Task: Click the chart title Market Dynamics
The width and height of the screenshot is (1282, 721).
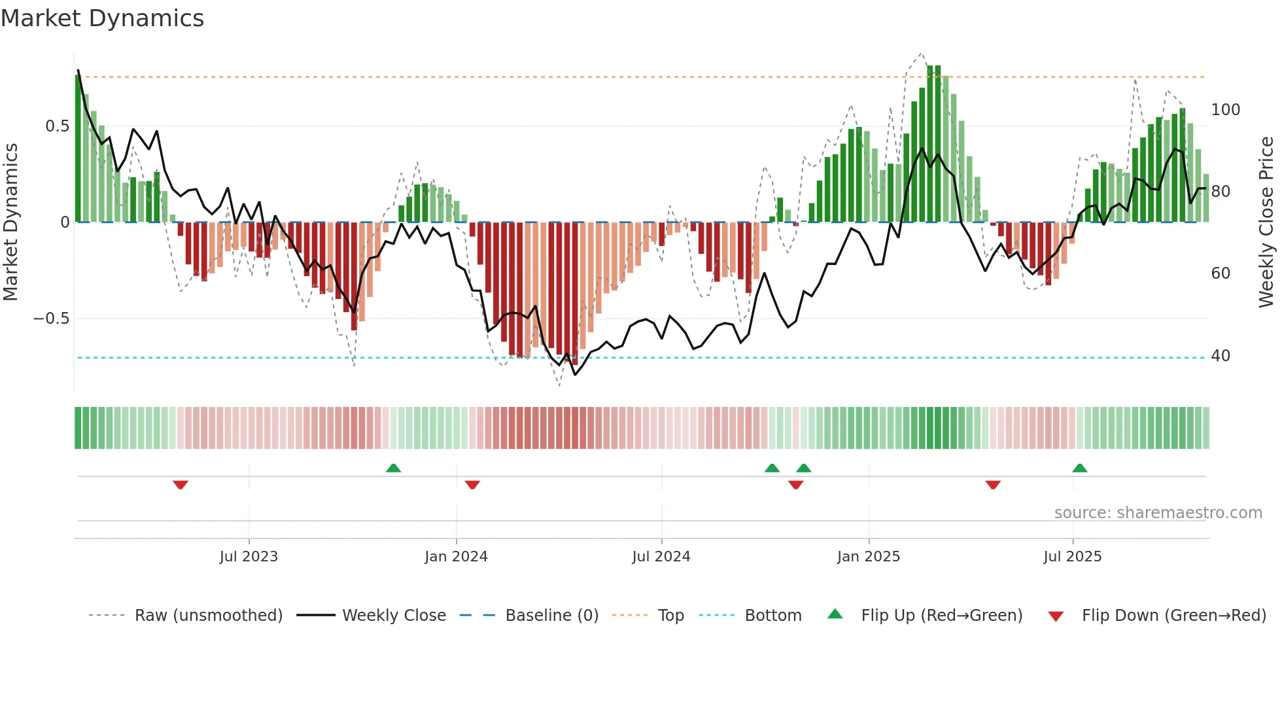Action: [102, 18]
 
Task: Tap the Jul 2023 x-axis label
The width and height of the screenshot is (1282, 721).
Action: [249, 557]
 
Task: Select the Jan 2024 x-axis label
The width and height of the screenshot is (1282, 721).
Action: [456, 557]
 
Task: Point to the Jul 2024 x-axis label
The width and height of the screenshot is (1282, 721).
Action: [661, 557]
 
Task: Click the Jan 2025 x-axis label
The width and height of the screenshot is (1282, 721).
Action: [869, 557]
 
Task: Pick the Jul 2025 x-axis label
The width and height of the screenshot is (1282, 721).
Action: [1073, 557]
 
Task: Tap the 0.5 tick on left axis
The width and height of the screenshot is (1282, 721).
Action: [57, 126]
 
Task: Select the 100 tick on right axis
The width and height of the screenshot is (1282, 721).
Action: [1225, 110]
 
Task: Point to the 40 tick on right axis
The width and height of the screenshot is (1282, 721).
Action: [1221, 356]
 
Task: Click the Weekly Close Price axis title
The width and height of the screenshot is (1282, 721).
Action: [1266, 222]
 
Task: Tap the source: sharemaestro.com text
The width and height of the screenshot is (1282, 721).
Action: [1158, 513]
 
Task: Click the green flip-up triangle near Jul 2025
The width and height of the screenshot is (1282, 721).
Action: [1080, 468]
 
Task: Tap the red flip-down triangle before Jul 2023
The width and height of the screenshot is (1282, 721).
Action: [181, 485]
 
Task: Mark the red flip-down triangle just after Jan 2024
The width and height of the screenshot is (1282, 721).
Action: [472, 485]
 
